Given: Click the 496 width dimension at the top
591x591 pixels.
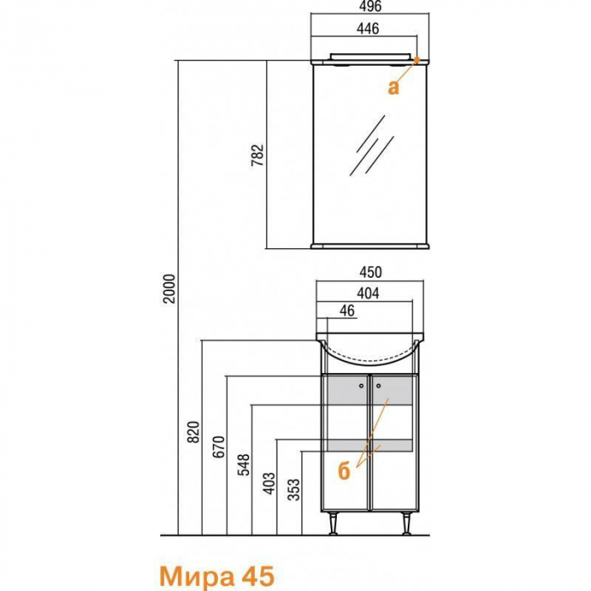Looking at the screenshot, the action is [x=370, y=6].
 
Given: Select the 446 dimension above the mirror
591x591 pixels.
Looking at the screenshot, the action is [x=367, y=29].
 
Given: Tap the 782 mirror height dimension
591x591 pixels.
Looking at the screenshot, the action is [x=257, y=155].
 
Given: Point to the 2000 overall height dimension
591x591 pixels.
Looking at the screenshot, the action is [x=170, y=289].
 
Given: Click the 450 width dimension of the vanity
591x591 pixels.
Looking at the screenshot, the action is [x=370, y=272].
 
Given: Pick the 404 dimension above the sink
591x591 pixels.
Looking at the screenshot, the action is [x=368, y=293].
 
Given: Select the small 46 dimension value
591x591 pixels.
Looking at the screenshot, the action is [x=347, y=311].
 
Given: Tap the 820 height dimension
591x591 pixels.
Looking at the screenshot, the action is [x=193, y=432].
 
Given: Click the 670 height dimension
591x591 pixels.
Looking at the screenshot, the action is [x=219, y=447].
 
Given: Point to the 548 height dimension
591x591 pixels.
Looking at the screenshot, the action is [x=243, y=464].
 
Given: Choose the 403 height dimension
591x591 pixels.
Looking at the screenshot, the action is [x=268, y=483].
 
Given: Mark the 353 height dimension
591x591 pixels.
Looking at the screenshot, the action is [x=294, y=489].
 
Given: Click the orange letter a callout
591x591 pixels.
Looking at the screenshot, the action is [x=393, y=88].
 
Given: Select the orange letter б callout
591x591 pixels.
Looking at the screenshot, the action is [x=344, y=471].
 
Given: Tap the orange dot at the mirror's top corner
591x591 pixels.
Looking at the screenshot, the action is [x=417, y=60].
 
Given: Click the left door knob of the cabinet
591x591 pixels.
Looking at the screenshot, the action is [x=361, y=386].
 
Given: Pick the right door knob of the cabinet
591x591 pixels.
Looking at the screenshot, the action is [x=378, y=386].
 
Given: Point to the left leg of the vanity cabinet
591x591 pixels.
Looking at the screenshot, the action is [x=333, y=523].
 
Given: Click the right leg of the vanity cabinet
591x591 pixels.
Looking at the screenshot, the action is [x=406, y=523].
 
